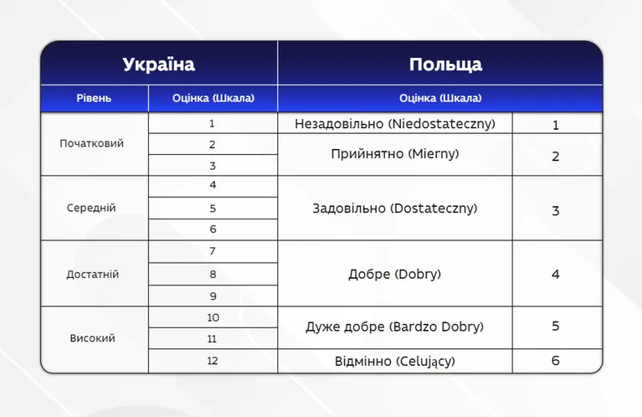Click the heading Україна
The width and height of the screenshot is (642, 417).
coord(159,64)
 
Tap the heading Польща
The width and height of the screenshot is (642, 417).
coord(446,64)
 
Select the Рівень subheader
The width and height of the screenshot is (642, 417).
coord(94,98)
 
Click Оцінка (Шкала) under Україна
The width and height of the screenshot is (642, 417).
coord(213,98)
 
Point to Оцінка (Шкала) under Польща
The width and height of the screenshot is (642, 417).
coord(440,98)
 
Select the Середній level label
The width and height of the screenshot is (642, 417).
coord(91,208)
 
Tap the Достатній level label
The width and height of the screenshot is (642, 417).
coord(93,274)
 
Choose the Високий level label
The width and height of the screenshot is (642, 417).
coord(93,338)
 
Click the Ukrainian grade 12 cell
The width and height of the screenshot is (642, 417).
coord(212,361)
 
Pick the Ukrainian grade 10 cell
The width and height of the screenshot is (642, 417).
coord(213,317)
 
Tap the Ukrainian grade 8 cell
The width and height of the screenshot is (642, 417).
coord(213,274)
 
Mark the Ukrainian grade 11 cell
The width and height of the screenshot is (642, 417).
coord(212,339)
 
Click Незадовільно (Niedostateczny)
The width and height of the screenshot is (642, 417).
coord(395,124)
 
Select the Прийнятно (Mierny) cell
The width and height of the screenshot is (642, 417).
coord(395,154)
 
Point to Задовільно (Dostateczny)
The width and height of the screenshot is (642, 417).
coord(395,208)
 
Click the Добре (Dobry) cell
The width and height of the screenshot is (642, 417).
coord(395,274)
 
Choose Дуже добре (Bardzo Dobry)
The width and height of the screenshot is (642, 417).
coord(395,327)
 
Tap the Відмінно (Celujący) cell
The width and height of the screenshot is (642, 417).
coord(395,361)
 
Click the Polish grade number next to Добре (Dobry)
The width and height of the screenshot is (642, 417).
coord(556,274)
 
